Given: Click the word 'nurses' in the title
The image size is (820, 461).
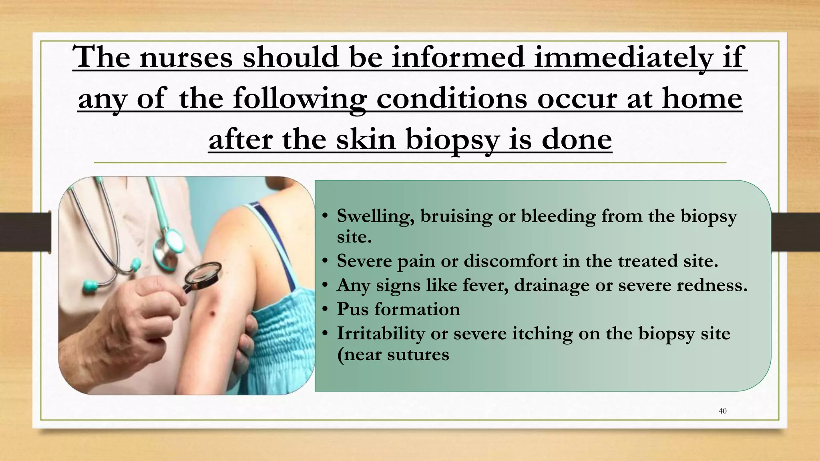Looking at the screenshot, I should tap(186, 57).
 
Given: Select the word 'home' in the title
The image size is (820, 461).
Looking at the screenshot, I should tap(702, 98).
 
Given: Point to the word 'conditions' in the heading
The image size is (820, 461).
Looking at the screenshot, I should tap(451, 98).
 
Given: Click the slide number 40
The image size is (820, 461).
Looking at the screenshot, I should tap(723, 411).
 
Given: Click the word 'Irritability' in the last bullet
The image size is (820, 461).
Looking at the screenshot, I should tap(380, 334).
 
